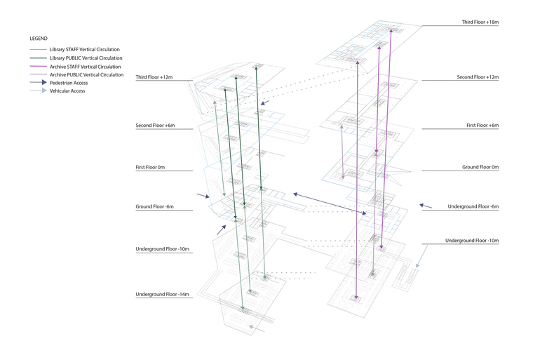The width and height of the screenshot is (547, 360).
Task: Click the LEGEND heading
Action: tap(39, 37)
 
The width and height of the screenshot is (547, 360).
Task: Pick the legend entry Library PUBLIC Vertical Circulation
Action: tap(86, 58)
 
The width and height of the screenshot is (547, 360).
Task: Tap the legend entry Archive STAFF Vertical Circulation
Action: tap(86, 66)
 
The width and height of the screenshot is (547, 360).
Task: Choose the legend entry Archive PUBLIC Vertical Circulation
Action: tap(86, 74)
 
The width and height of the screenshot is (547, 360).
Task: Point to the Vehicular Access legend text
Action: tap(67, 91)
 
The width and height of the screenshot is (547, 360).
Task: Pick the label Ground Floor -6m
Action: tap(154, 206)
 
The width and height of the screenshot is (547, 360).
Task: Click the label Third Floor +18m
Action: tap(479, 22)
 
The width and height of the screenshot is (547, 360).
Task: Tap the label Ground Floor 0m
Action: tap(480, 167)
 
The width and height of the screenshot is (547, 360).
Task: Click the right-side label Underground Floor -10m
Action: tap(471, 241)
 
